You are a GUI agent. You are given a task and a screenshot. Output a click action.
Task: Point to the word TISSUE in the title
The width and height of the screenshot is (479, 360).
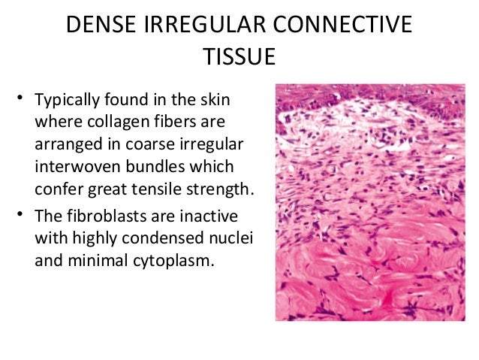tap(239, 58)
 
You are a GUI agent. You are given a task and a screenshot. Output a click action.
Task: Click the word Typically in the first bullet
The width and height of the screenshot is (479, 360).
tap(67, 100)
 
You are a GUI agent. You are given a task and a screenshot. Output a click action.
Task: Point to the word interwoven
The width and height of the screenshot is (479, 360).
tap(74, 165)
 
